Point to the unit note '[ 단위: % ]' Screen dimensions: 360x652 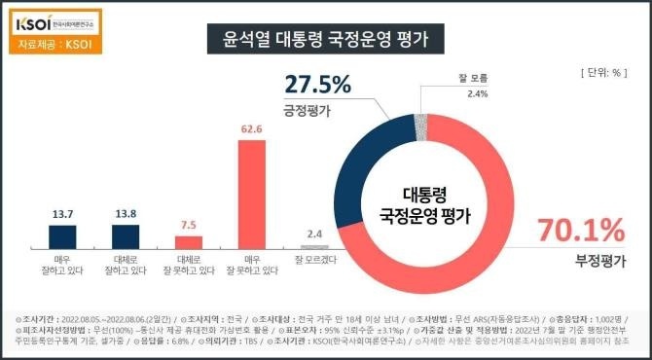[603, 73]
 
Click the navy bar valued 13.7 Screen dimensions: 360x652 [63, 235]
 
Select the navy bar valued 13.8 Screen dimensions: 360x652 [127, 235]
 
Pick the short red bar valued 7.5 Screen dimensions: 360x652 [189, 241]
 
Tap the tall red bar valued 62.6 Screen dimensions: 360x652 [252, 195]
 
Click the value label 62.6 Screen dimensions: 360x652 [252, 127]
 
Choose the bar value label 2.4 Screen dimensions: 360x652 [314, 234]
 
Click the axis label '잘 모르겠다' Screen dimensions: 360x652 [314, 260]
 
